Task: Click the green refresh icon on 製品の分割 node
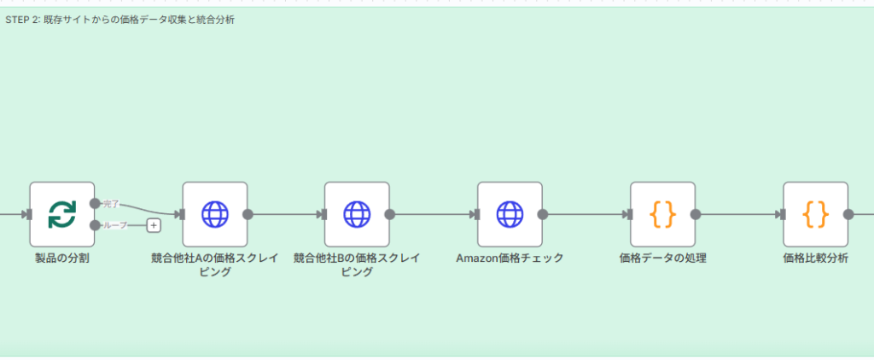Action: (61, 214)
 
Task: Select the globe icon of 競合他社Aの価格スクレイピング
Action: (215, 214)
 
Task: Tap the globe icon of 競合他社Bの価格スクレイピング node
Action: (357, 214)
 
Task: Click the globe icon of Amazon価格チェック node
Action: (510, 214)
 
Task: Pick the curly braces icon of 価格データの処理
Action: (662, 214)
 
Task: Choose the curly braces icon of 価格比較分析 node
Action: (815, 214)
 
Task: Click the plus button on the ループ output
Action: (154, 225)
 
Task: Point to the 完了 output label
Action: (111, 204)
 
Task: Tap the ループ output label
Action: (114, 225)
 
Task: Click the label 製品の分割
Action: (61, 258)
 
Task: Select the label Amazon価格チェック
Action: (510, 258)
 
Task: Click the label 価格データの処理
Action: (662, 258)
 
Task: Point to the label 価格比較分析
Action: (815, 258)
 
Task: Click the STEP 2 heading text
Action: (119, 19)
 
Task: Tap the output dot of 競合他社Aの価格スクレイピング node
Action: (248, 215)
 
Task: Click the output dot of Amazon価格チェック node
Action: (543, 215)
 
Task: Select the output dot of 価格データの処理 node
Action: (696, 215)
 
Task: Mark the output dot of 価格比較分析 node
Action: (848, 215)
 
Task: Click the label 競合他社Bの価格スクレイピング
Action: (357, 264)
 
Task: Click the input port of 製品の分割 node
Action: (28, 215)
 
